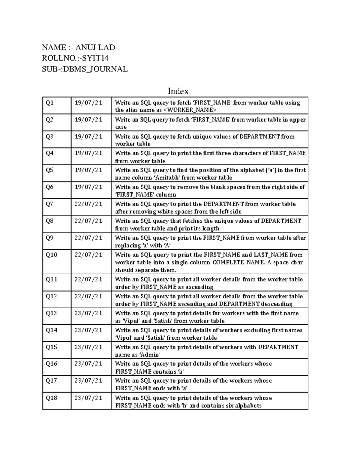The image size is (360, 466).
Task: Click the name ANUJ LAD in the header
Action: (95, 47)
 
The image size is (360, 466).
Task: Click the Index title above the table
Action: (178, 91)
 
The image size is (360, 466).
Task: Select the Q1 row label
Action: (49, 103)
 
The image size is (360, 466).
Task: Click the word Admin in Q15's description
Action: (151, 355)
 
